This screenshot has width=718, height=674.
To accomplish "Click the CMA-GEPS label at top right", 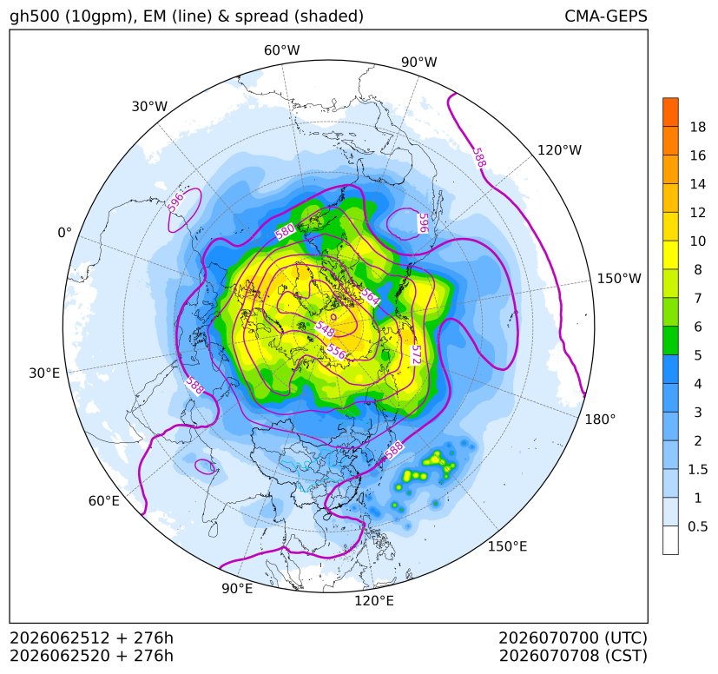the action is click(x=606, y=16).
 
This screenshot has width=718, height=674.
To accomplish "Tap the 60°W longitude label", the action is click(x=281, y=50).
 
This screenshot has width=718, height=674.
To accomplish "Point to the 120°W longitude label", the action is click(x=559, y=150).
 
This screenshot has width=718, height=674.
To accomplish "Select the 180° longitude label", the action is click(x=600, y=420).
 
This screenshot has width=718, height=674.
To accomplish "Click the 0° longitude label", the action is click(x=64, y=233).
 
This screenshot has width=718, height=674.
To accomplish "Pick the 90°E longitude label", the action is click(x=237, y=589).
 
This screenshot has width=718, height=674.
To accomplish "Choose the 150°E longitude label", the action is click(x=507, y=546).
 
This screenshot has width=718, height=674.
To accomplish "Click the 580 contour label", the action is click(x=285, y=231).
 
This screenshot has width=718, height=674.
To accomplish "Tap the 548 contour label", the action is click(x=325, y=328).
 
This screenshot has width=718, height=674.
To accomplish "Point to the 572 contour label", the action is click(x=416, y=354).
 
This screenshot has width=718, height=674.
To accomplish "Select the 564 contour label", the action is click(x=370, y=296).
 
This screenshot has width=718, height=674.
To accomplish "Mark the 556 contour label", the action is click(x=336, y=352).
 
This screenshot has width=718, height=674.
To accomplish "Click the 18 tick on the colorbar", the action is click(x=698, y=127).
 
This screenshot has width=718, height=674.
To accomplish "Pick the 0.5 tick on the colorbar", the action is click(x=697, y=526).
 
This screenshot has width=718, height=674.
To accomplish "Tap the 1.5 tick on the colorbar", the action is click(x=697, y=469).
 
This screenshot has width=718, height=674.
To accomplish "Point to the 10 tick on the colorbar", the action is click(x=698, y=241).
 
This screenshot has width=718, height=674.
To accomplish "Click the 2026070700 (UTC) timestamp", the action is click(x=573, y=638).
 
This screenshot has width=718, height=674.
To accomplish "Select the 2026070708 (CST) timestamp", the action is click(x=573, y=656).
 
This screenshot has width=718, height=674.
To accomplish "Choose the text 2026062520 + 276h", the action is click(x=91, y=656).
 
